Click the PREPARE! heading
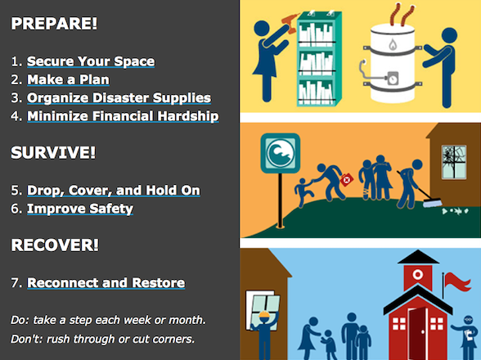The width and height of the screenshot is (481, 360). [x=54, y=24]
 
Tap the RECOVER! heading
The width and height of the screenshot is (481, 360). [x=53, y=245]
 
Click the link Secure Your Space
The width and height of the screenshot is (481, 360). [x=90, y=61]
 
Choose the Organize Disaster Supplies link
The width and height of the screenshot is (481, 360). [x=119, y=97]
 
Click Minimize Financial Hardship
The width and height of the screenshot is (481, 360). [x=123, y=116]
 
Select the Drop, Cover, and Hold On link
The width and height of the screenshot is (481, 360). [x=113, y=191]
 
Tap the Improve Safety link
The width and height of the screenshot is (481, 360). [x=79, y=209]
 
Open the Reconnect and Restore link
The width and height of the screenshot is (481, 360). [x=106, y=283]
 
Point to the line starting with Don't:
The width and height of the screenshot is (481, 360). [x=102, y=339]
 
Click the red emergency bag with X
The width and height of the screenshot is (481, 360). [x=346, y=178]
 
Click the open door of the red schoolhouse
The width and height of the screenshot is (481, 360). [x=419, y=331]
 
